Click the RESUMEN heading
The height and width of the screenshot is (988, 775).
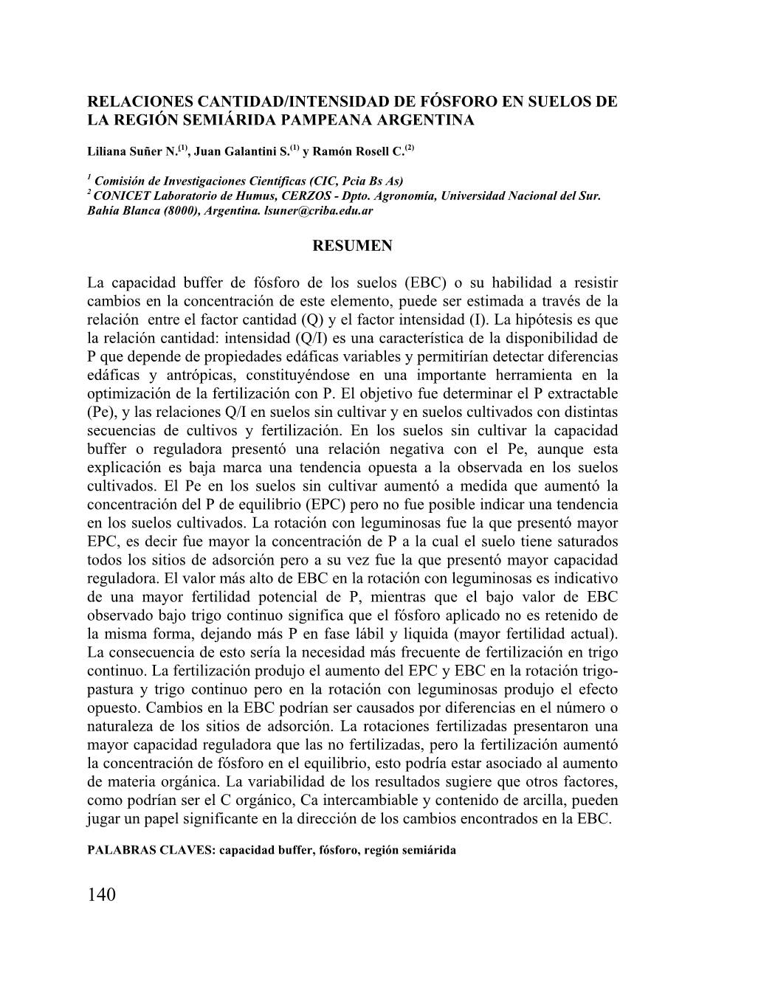click(352, 246)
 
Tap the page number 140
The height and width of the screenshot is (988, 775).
click(102, 895)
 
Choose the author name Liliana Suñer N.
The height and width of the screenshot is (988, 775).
click(133, 152)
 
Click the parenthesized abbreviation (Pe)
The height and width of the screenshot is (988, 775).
click(100, 412)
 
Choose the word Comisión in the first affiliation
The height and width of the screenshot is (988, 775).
click(123, 181)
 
